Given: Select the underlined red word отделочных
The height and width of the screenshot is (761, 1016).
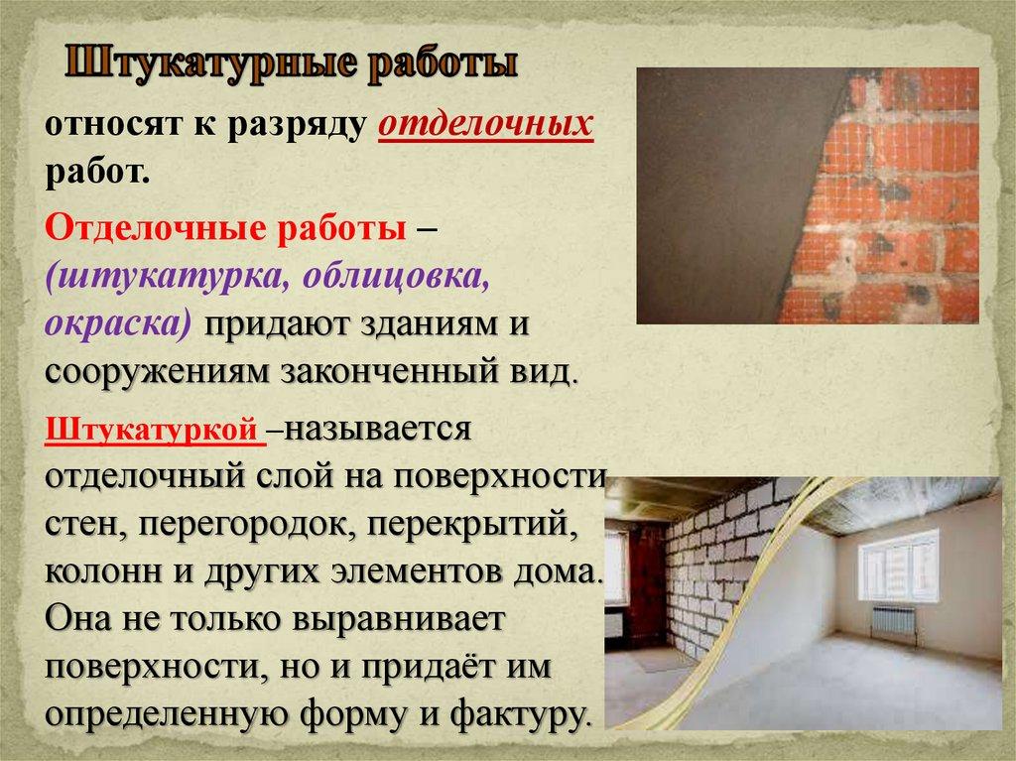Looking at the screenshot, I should pos(486,127).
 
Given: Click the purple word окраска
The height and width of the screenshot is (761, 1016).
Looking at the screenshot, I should pos(117,324).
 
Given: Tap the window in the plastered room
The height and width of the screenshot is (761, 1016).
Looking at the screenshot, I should pos(898,565).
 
